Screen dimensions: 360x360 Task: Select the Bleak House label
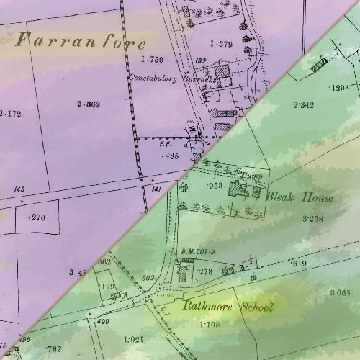(300, 197)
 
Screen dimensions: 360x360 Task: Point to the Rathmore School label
(228, 307)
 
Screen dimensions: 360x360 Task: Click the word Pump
(249, 175)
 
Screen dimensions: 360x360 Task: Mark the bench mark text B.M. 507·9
(198, 251)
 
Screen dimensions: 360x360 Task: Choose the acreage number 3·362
(88, 104)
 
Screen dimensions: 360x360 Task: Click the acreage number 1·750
(153, 58)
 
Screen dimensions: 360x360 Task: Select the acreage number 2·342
(303, 105)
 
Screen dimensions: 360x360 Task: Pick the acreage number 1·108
(210, 325)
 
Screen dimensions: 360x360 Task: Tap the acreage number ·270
(35, 217)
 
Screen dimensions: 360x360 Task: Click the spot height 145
(19, 189)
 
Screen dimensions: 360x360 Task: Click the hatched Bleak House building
(236, 189)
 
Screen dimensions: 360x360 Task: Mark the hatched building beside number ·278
(183, 271)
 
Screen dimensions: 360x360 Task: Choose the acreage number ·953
(215, 185)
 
